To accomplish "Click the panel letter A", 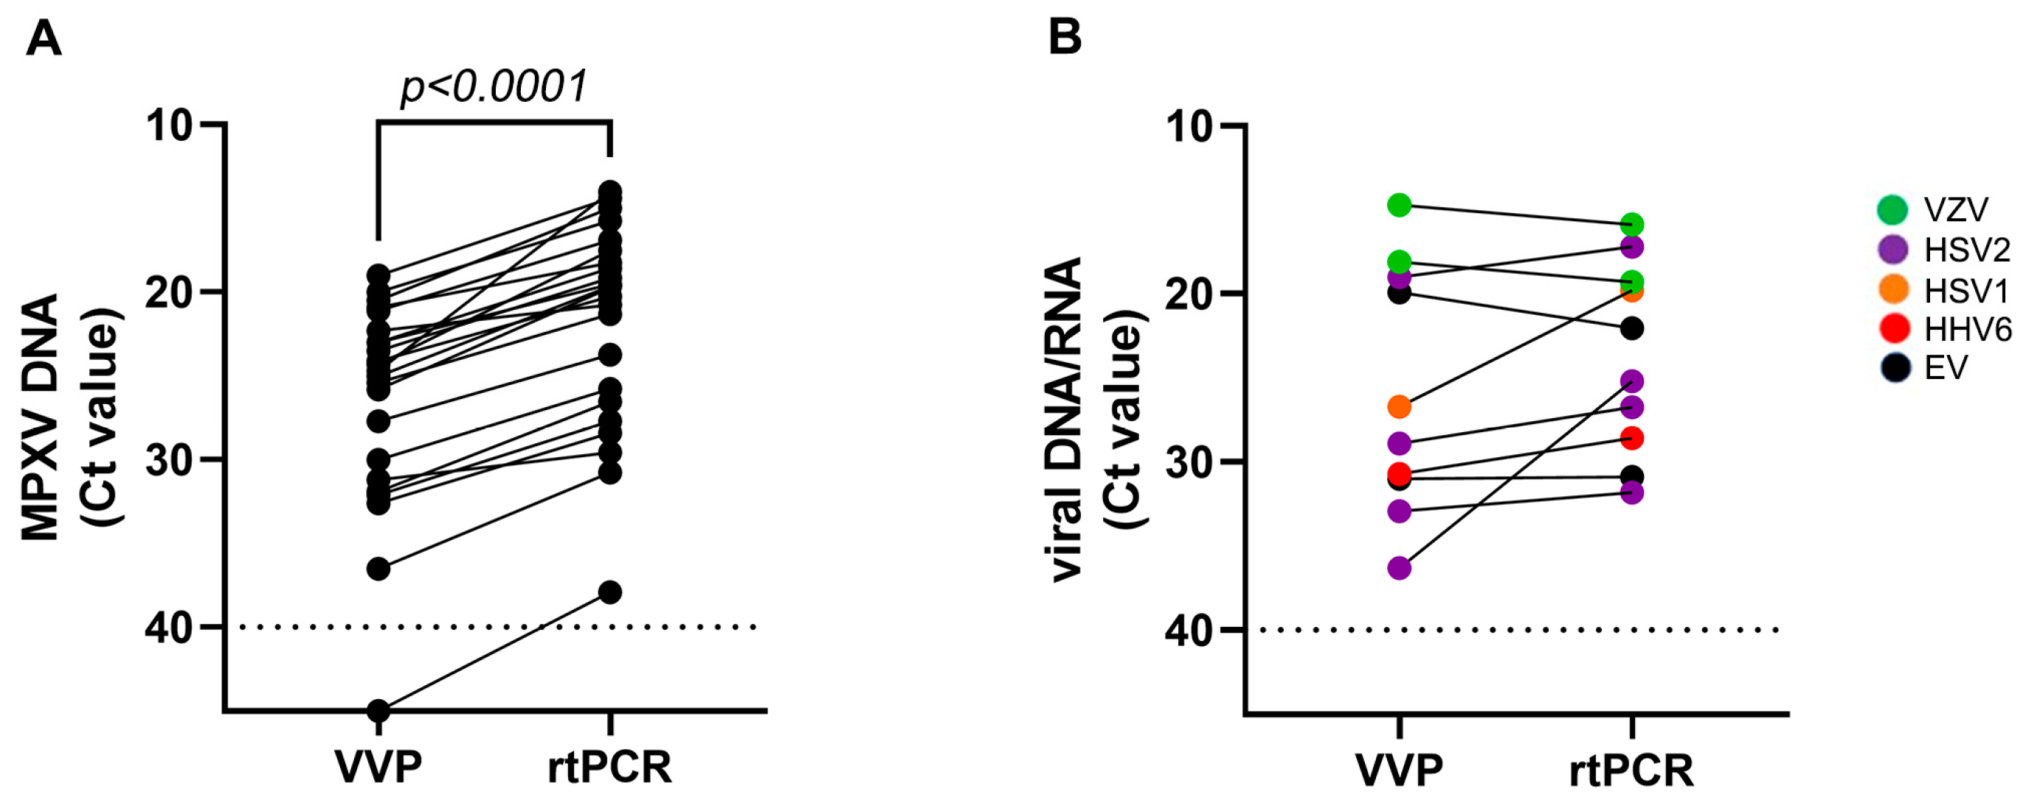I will click(44, 38).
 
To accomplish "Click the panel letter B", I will click(1064, 36).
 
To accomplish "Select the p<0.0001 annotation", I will click(494, 86).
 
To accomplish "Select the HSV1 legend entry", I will click(1966, 291).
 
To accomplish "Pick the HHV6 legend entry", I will click(1968, 328).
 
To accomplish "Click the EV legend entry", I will click(1946, 368).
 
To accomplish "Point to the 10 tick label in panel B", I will click(1189, 126).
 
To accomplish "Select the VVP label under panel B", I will click(1398, 769).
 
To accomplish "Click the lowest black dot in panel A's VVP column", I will click(379, 711).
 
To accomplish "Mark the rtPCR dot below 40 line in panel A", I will click(610, 592).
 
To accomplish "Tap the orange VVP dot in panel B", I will click(1399, 407).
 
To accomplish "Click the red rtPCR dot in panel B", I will click(1631, 438).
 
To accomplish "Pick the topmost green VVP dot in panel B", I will click(1399, 206).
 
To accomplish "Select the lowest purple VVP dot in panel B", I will click(1399, 568).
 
